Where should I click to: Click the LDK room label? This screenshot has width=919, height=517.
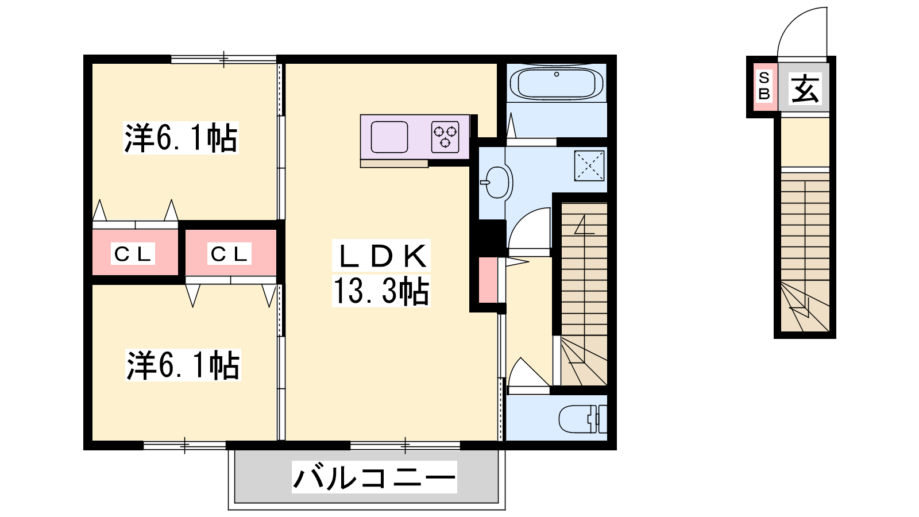(x=381, y=256)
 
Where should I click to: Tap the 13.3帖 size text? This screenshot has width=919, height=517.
(x=381, y=291)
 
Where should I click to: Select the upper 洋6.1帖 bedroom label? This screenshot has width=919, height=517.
(x=180, y=138)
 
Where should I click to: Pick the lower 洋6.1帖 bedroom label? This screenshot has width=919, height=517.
(x=183, y=365)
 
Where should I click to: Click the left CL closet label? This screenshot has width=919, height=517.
(x=133, y=254)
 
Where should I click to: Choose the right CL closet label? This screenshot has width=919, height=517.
(x=229, y=254)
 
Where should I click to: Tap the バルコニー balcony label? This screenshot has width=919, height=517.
(x=374, y=477)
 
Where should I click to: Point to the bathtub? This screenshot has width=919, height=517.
(x=557, y=84)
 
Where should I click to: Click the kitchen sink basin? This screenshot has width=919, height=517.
(x=389, y=137)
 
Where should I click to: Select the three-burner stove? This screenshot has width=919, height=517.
(x=445, y=137)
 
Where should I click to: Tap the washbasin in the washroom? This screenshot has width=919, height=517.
(x=497, y=183)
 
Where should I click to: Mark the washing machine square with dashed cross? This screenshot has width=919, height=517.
(x=589, y=166)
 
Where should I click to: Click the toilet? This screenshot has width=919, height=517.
(x=582, y=419)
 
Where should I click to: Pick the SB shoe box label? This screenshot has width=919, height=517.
(x=764, y=86)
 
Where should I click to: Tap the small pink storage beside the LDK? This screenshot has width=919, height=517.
(x=488, y=280)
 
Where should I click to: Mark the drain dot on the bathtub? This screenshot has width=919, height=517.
(x=557, y=74)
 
